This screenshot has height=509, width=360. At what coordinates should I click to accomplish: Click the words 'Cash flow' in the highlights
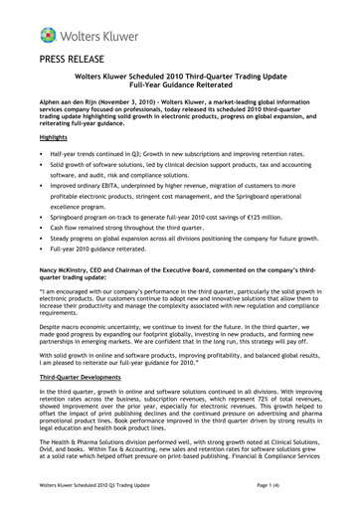pos(65,228)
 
